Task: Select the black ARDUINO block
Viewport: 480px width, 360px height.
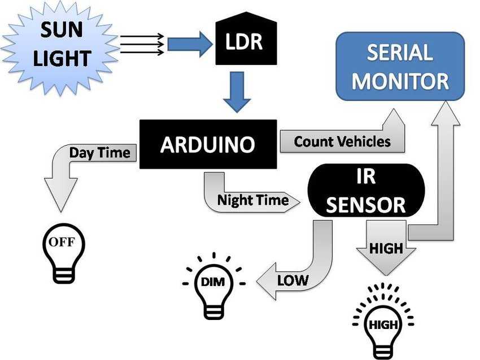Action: click(208, 144)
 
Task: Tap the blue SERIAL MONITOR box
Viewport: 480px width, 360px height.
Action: click(400, 66)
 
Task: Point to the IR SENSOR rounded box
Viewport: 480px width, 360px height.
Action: click(366, 191)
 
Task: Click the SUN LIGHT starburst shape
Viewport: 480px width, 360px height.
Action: click(60, 46)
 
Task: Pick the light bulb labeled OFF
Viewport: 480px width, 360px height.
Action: click(63, 253)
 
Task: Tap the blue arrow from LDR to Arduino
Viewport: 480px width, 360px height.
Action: click(237, 92)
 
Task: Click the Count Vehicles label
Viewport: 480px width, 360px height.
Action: click(342, 142)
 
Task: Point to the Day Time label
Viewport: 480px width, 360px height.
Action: click(100, 152)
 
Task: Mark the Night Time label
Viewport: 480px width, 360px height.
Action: click(253, 200)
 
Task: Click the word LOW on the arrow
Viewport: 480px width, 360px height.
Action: click(293, 280)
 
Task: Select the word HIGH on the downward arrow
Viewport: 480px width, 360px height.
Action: click(386, 248)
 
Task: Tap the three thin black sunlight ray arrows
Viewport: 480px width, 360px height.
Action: click(142, 45)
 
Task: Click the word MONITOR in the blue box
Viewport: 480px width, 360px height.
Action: click(400, 81)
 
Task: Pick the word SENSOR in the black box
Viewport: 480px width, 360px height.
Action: click(366, 205)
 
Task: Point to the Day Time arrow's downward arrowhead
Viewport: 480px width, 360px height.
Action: click(61, 195)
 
